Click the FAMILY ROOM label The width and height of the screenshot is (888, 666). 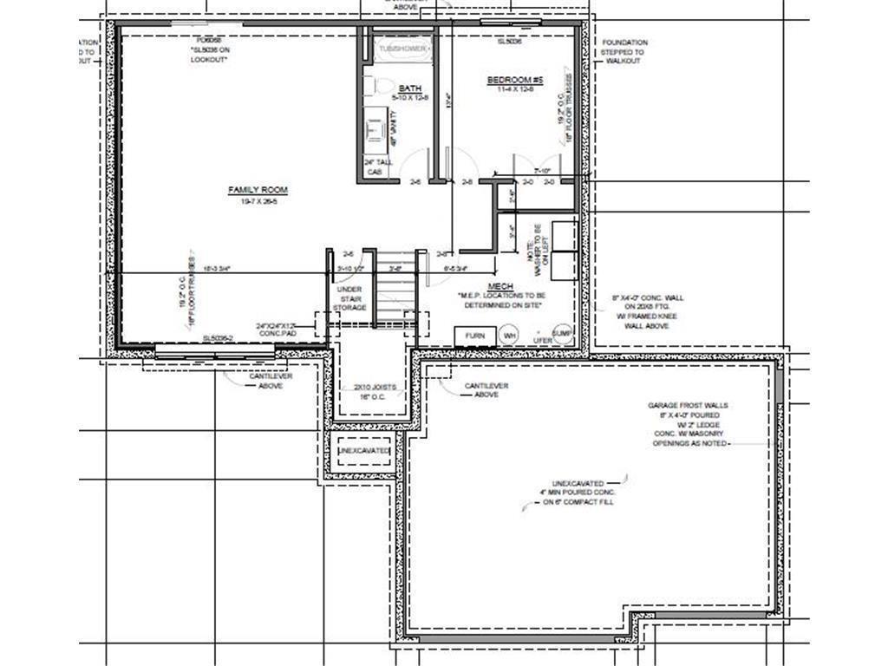click(258, 190)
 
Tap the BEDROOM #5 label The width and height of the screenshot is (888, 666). click(513, 80)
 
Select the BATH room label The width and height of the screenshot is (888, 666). click(410, 89)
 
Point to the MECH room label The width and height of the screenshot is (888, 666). click(500, 286)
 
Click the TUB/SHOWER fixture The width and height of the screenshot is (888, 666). click(402, 49)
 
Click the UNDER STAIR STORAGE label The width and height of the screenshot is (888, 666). click(351, 298)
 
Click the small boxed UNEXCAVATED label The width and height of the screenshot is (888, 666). click(363, 452)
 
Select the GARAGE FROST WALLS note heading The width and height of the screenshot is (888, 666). click(689, 405)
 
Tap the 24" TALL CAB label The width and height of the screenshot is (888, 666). click(375, 167)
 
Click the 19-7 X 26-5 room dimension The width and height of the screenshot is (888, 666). click(258, 200)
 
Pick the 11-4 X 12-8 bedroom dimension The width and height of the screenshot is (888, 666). click(513, 89)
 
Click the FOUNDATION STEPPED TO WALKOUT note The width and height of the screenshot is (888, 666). click(624, 52)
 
